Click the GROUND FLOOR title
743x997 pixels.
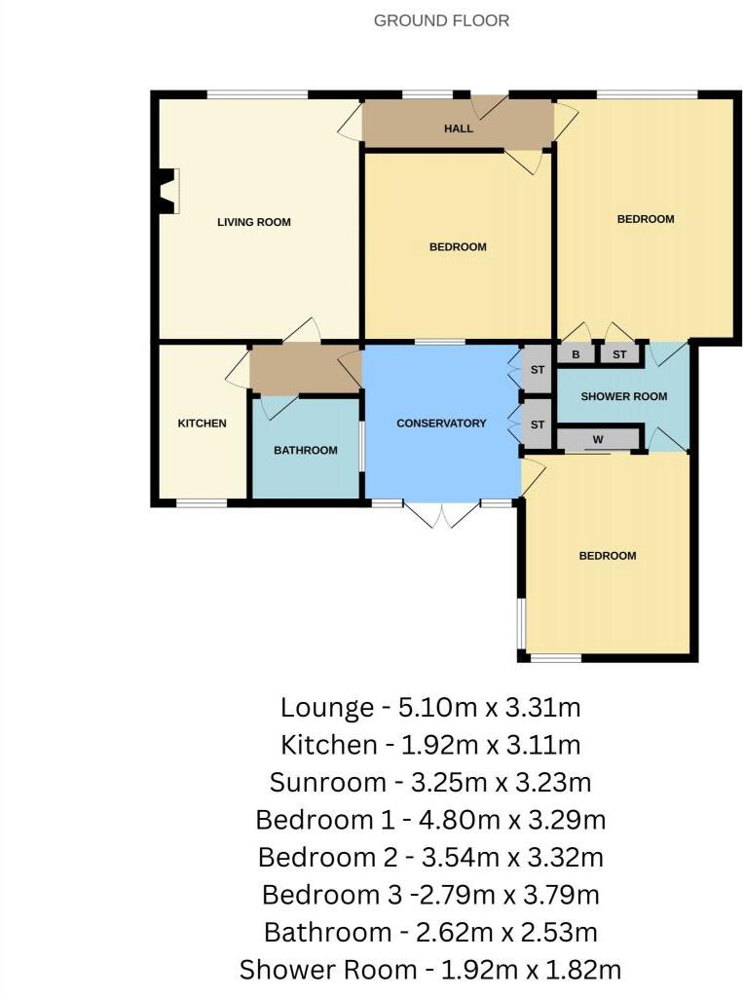(x=441, y=21)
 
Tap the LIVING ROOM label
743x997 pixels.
(x=254, y=222)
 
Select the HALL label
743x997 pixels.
(x=458, y=129)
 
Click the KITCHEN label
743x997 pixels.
(x=202, y=424)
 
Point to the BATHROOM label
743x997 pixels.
(x=306, y=450)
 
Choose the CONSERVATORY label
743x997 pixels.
(x=441, y=424)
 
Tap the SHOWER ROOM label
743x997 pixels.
(x=624, y=396)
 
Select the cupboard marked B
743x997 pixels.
(x=576, y=354)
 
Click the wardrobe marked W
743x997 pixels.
(x=598, y=439)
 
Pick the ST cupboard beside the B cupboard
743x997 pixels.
(x=619, y=354)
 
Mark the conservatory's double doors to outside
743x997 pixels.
(x=442, y=514)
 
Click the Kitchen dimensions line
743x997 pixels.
(x=430, y=745)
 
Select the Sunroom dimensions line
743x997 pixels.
(x=430, y=782)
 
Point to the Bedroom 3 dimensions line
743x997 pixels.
(x=430, y=895)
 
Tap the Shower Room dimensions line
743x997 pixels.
(x=430, y=970)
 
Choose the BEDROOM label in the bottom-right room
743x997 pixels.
(x=608, y=556)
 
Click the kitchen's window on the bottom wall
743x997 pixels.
(x=202, y=503)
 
